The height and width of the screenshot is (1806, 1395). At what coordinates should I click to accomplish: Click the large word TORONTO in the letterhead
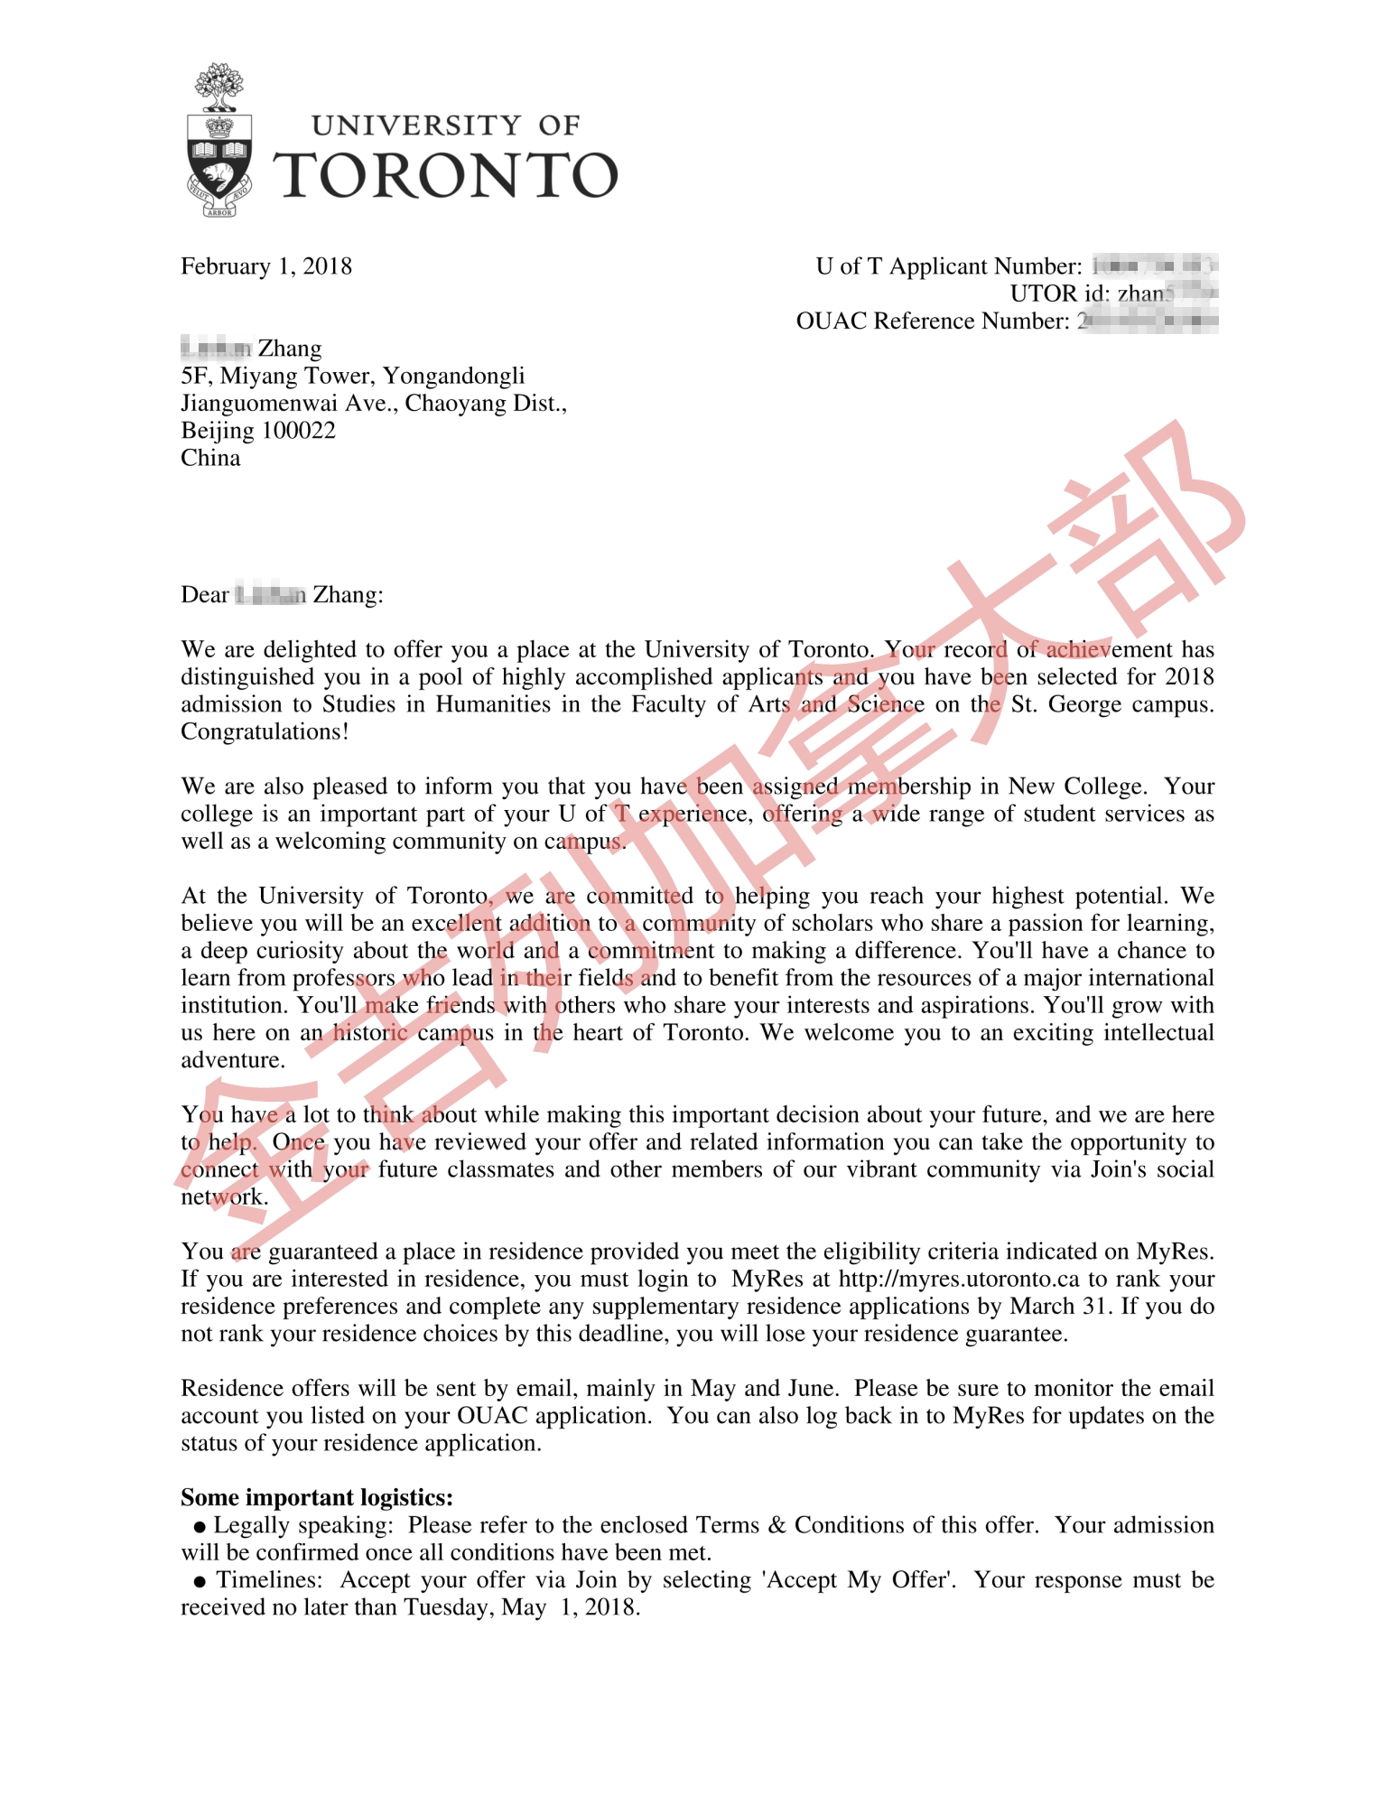(x=446, y=175)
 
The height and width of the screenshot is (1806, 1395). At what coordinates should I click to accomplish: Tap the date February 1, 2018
(x=266, y=266)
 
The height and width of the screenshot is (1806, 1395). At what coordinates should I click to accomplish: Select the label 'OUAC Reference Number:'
(x=932, y=321)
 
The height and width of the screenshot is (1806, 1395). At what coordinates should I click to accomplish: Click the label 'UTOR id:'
(x=1059, y=294)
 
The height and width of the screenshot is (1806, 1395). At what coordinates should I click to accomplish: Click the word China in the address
(x=210, y=458)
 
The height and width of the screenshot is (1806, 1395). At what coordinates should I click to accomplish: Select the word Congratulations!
(x=265, y=731)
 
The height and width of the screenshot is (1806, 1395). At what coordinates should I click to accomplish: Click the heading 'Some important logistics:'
(x=317, y=1498)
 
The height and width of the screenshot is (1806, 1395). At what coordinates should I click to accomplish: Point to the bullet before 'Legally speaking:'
(x=200, y=1527)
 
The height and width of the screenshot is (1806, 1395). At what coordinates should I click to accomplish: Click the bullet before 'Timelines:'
(x=200, y=1582)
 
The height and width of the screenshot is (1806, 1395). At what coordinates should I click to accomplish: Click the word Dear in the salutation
(x=205, y=595)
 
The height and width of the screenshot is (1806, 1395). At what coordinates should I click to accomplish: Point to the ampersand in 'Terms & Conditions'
(x=777, y=1526)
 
